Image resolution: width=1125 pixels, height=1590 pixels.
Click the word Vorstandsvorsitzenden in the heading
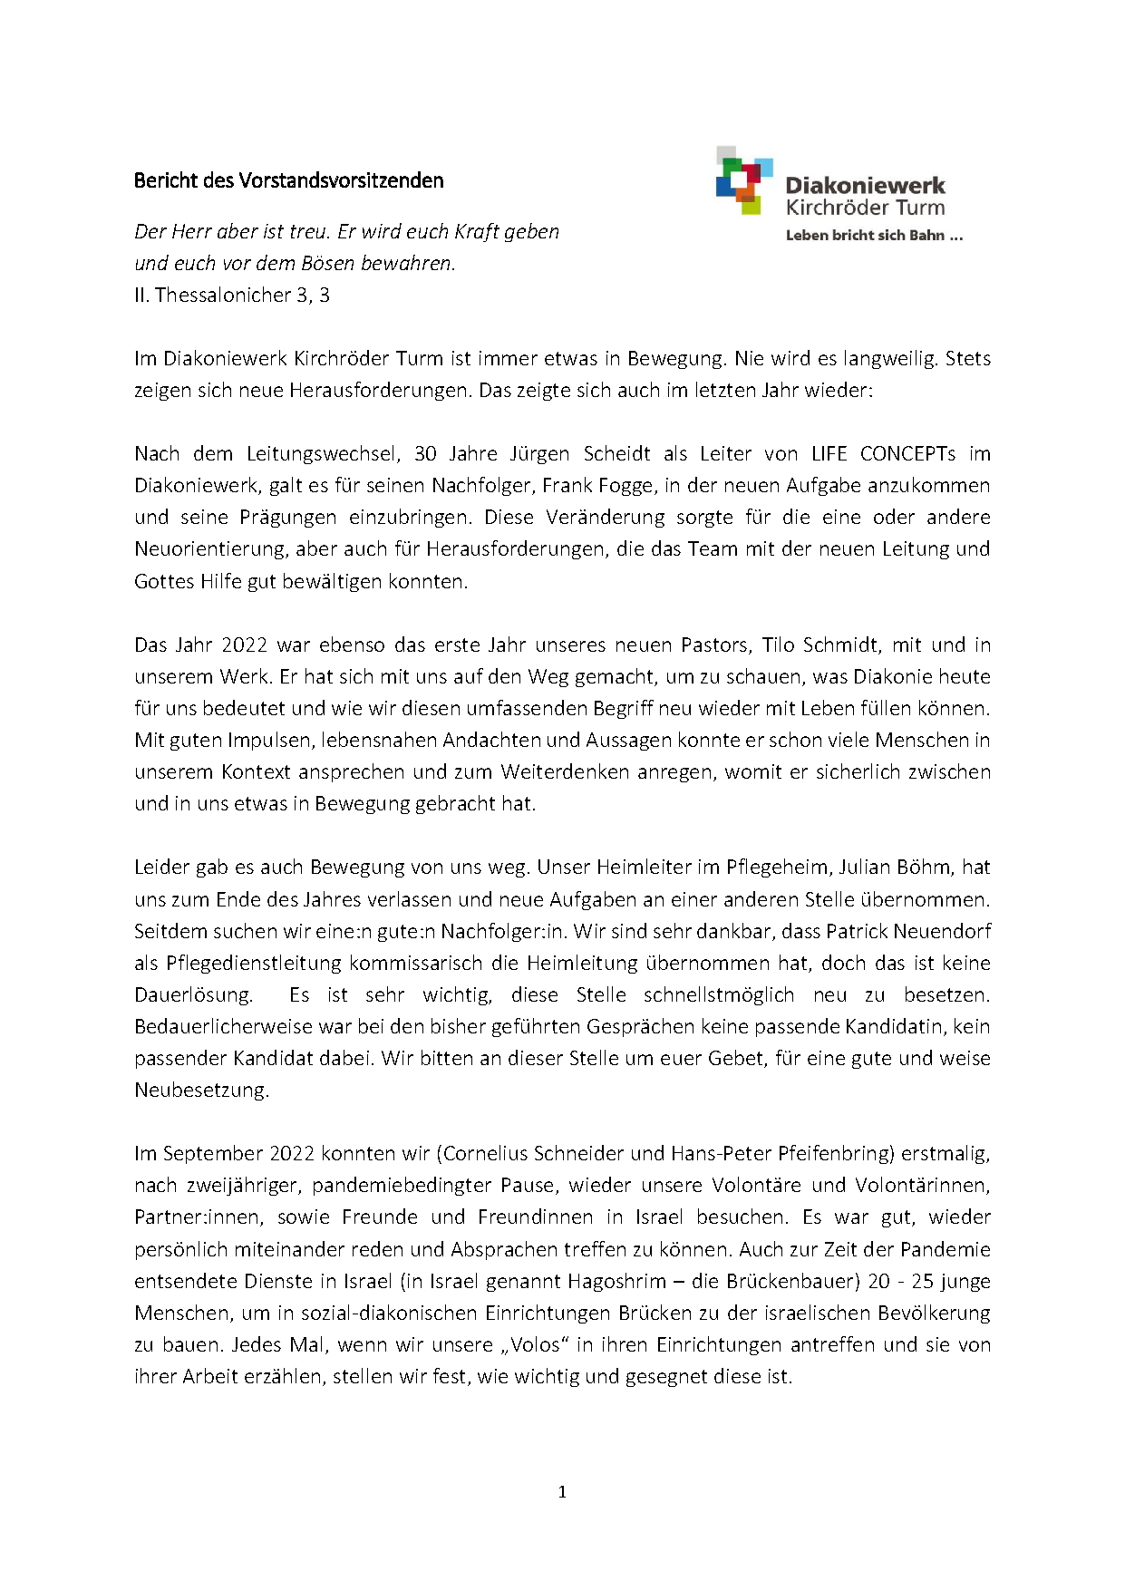(341, 180)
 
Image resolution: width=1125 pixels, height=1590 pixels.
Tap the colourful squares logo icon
(743, 180)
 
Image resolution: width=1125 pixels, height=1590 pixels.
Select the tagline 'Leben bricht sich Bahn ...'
(873, 236)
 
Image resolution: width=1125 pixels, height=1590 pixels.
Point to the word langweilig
(889, 358)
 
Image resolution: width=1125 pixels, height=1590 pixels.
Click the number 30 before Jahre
(425, 453)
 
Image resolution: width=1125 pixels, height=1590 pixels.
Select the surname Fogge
(630, 485)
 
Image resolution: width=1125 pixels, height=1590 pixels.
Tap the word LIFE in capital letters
(829, 453)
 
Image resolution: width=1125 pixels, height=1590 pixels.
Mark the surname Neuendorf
(942, 931)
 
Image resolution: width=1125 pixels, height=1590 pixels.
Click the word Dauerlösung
(193, 994)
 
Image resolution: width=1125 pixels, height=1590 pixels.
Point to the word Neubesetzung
(201, 1090)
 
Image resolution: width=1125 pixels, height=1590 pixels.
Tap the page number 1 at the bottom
(562, 1492)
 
